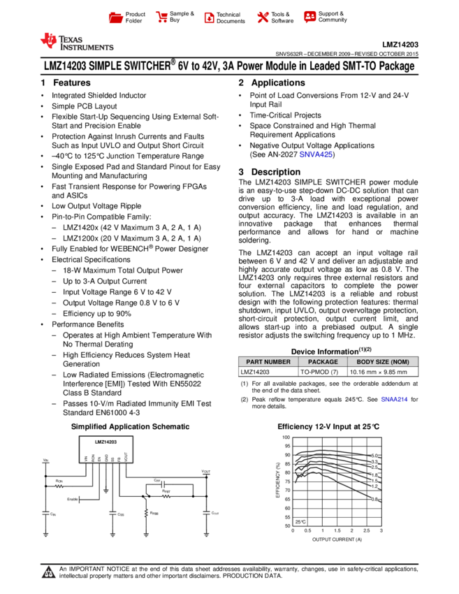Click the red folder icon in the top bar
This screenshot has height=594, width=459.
116,17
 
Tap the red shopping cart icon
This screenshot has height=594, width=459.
162,17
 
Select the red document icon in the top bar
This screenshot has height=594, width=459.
209,17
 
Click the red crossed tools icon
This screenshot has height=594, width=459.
263,17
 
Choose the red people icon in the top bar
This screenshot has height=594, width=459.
309,16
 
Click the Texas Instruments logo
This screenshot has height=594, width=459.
76,42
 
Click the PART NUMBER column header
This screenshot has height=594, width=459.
268,362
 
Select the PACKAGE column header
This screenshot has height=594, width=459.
323,362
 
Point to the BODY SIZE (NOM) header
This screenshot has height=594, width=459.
383,362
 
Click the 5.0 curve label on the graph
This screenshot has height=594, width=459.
374,455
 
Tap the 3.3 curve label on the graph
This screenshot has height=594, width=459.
374,461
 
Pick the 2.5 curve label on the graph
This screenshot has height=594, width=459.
374,468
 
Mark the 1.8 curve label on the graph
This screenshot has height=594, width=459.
374,475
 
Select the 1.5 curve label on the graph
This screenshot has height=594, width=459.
374,481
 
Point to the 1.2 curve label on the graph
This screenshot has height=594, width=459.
374,486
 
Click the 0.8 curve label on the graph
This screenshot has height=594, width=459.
374,500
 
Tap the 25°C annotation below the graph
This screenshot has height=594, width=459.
300,522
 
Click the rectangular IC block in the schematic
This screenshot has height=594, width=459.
106,449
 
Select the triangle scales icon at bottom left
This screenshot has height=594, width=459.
48,573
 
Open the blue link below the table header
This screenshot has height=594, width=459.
394,399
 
